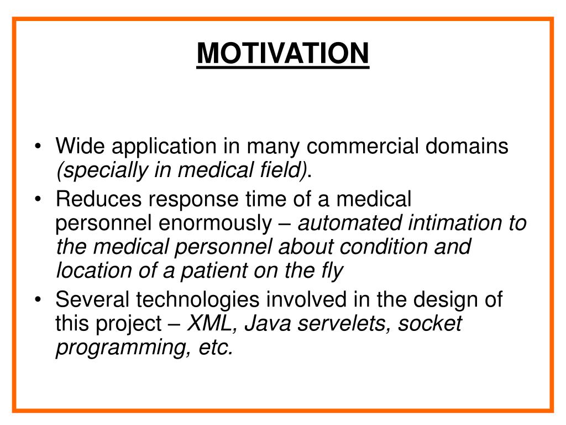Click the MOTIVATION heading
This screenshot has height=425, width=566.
pyautogui.click(x=282, y=53)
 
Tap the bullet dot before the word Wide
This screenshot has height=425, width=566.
pyautogui.click(x=38, y=146)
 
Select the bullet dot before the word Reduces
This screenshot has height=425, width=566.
pyautogui.click(x=38, y=199)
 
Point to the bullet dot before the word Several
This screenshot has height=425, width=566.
pyautogui.click(x=38, y=299)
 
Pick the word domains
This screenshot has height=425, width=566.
pyautogui.click(x=467, y=146)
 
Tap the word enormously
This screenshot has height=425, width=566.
pyautogui.click(x=215, y=224)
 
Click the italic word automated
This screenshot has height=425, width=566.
pyautogui.click(x=349, y=222)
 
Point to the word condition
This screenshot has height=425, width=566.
pyautogui.click(x=383, y=247)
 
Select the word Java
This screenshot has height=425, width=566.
pyautogui.click(x=268, y=323)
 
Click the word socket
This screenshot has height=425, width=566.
pyautogui.click(x=430, y=323)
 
